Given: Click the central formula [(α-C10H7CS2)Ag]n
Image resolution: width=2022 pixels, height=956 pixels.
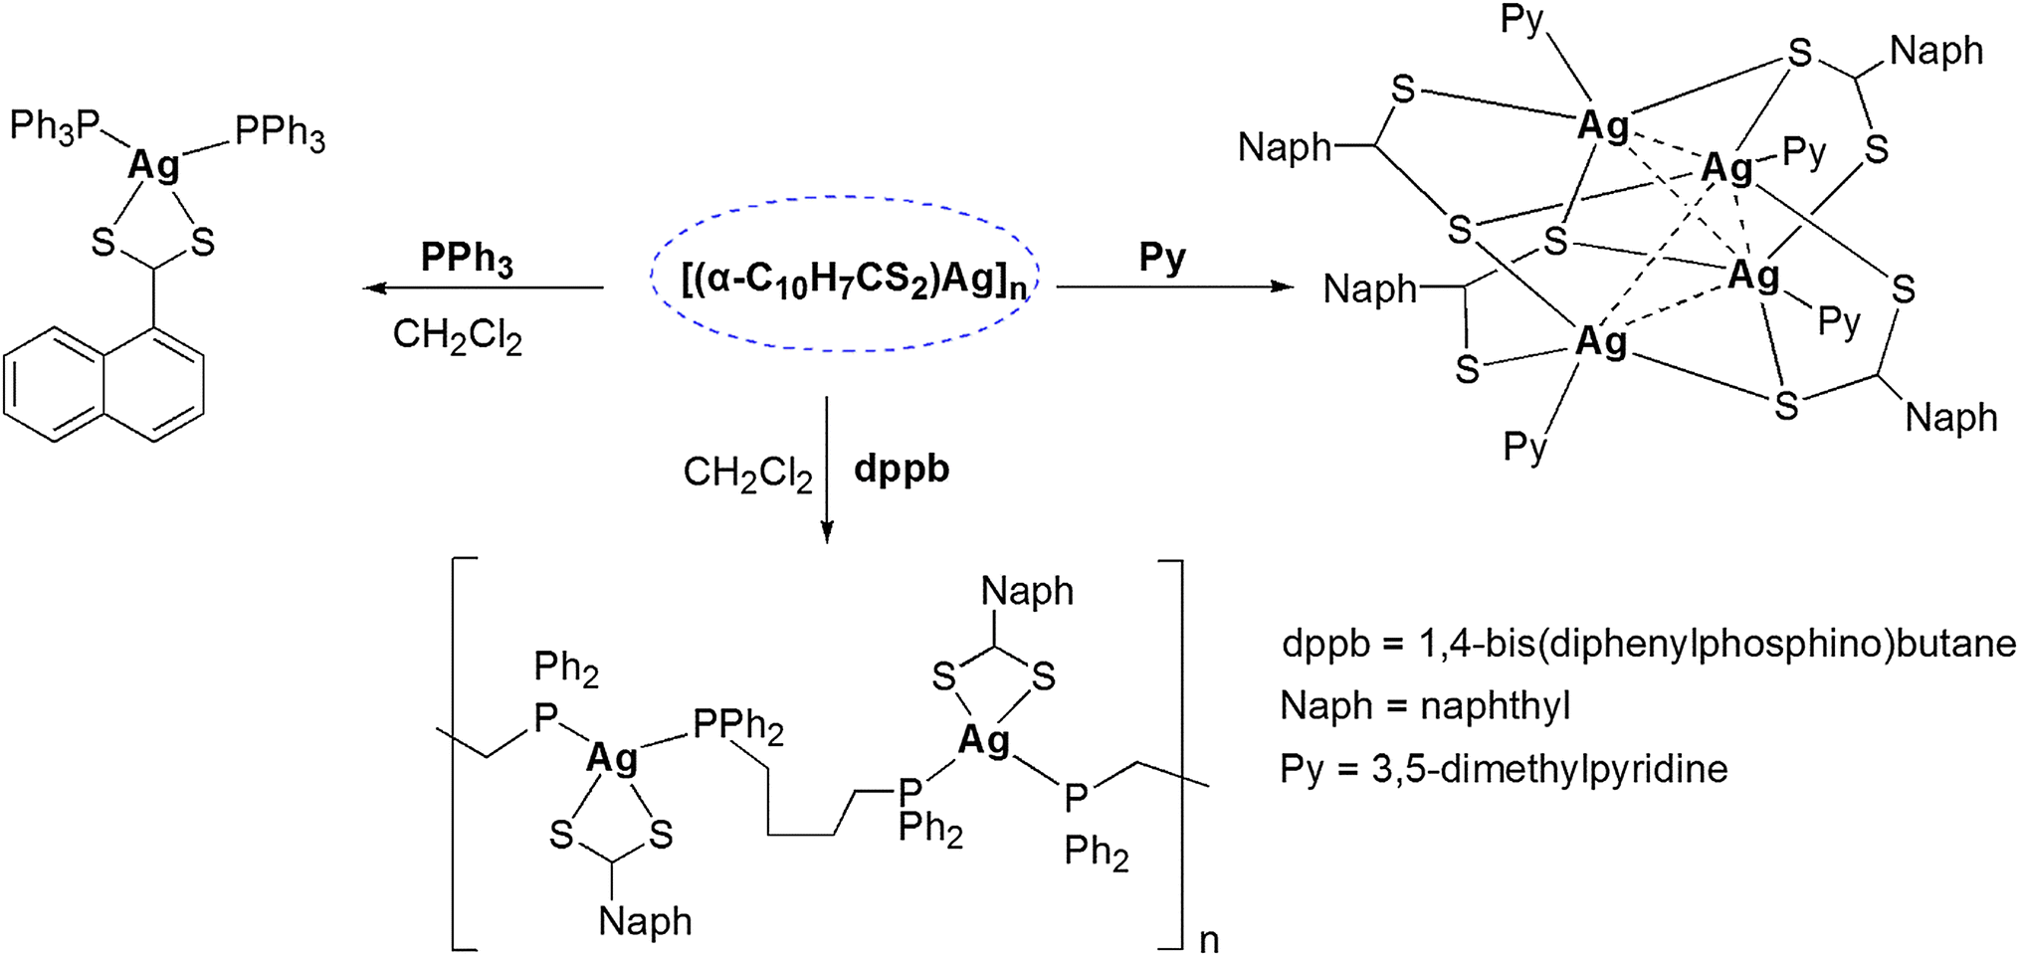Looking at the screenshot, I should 854,280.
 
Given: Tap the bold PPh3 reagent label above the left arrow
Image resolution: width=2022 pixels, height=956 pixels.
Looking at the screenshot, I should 467,258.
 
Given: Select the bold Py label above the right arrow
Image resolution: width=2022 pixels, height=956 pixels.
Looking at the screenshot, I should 1162,258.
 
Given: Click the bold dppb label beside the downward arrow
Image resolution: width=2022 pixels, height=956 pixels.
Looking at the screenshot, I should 902,468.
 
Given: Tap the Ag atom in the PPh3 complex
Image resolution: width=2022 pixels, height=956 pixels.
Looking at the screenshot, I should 154,164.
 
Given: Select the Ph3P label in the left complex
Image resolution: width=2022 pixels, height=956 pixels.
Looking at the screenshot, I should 56,126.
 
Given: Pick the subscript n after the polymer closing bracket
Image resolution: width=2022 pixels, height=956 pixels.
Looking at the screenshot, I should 1209,939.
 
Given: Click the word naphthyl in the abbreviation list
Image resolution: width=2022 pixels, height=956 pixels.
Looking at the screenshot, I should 1495,705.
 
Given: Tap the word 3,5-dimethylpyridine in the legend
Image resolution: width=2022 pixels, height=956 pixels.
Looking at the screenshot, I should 1549,769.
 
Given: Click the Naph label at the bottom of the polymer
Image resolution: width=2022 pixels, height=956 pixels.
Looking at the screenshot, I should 645,921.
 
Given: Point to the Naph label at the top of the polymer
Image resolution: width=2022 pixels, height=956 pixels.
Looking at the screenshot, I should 1027,591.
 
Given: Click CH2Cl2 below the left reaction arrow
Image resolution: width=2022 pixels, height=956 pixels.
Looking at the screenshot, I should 457,335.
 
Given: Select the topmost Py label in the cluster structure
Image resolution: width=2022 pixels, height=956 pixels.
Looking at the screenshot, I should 1521,20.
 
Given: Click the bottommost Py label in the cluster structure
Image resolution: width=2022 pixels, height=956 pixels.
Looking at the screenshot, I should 1525,446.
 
